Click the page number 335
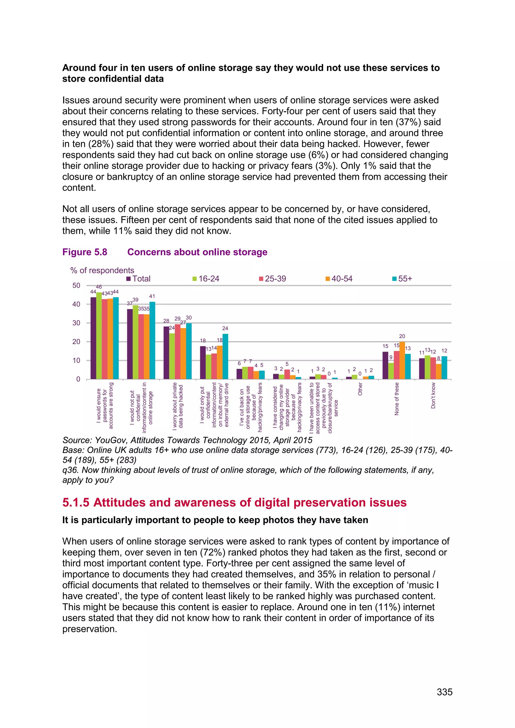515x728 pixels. point(444,692)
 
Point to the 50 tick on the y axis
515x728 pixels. point(76,285)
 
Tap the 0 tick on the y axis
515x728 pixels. point(78,379)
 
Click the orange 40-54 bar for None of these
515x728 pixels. point(402,360)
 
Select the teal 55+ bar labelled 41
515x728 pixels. point(152,341)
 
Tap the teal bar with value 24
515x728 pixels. point(225,356)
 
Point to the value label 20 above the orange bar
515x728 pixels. point(402,336)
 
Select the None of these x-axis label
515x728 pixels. point(396,398)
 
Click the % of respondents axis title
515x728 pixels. point(102,270)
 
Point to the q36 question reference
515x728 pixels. point(70,470)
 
